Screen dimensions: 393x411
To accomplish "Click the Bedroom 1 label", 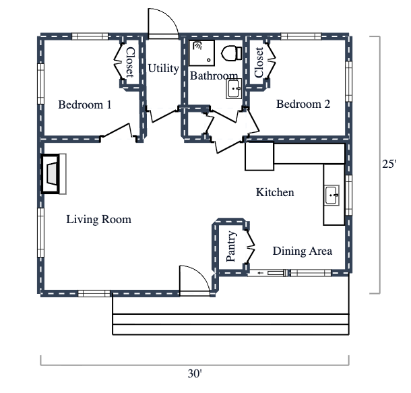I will [x=85, y=104].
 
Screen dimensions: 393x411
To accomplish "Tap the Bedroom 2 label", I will [x=303, y=104].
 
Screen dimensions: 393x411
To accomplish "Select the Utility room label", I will [x=163, y=68].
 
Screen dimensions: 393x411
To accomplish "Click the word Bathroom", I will [x=214, y=75].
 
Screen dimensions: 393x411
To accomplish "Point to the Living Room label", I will [x=98, y=220].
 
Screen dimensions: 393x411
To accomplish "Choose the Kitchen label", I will [x=275, y=193].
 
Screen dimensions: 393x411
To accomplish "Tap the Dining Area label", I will [x=302, y=251].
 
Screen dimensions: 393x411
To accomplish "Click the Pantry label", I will [x=230, y=247].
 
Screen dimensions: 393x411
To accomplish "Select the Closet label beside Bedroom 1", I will [x=130, y=61].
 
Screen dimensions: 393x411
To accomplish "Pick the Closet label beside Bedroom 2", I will [x=259, y=62].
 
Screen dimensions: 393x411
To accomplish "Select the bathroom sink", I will [x=234, y=88].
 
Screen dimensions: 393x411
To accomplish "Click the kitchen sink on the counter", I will [x=333, y=195].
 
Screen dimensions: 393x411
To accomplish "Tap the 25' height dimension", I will [x=389, y=164].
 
